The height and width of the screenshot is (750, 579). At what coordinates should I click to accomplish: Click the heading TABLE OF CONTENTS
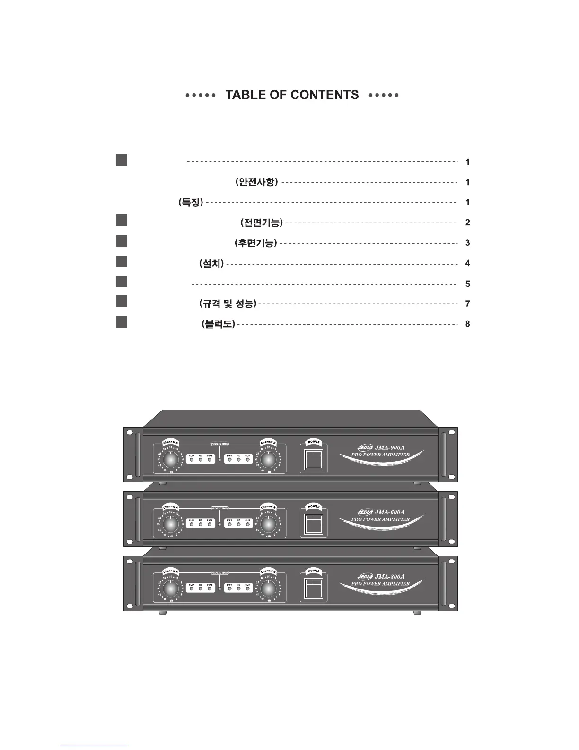(x=292, y=95)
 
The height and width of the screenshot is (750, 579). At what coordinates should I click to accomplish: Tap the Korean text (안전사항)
(x=256, y=182)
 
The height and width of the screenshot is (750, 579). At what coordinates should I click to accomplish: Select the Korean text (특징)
(x=191, y=202)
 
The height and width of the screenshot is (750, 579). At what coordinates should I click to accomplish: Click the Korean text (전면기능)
(x=262, y=222)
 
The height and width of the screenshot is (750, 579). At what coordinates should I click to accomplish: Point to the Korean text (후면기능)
(x=256, y=243)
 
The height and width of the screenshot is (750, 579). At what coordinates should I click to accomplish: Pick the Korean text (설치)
(x=211, y=263)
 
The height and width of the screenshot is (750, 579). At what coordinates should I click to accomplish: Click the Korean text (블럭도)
(x=218, y=324)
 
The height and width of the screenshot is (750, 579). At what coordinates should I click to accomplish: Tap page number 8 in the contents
(x=467, y=324)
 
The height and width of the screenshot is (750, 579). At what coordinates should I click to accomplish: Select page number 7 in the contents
(x=467, y=304)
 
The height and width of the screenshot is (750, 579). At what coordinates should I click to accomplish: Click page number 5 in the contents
(x=467, y=284)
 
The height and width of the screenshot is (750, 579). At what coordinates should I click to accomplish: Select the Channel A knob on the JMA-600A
(x=172, y=524)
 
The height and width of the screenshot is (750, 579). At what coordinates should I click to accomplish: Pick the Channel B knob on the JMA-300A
(x=268, y=589)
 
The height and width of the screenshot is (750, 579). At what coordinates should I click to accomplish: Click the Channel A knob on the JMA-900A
(x=172, y=459)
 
